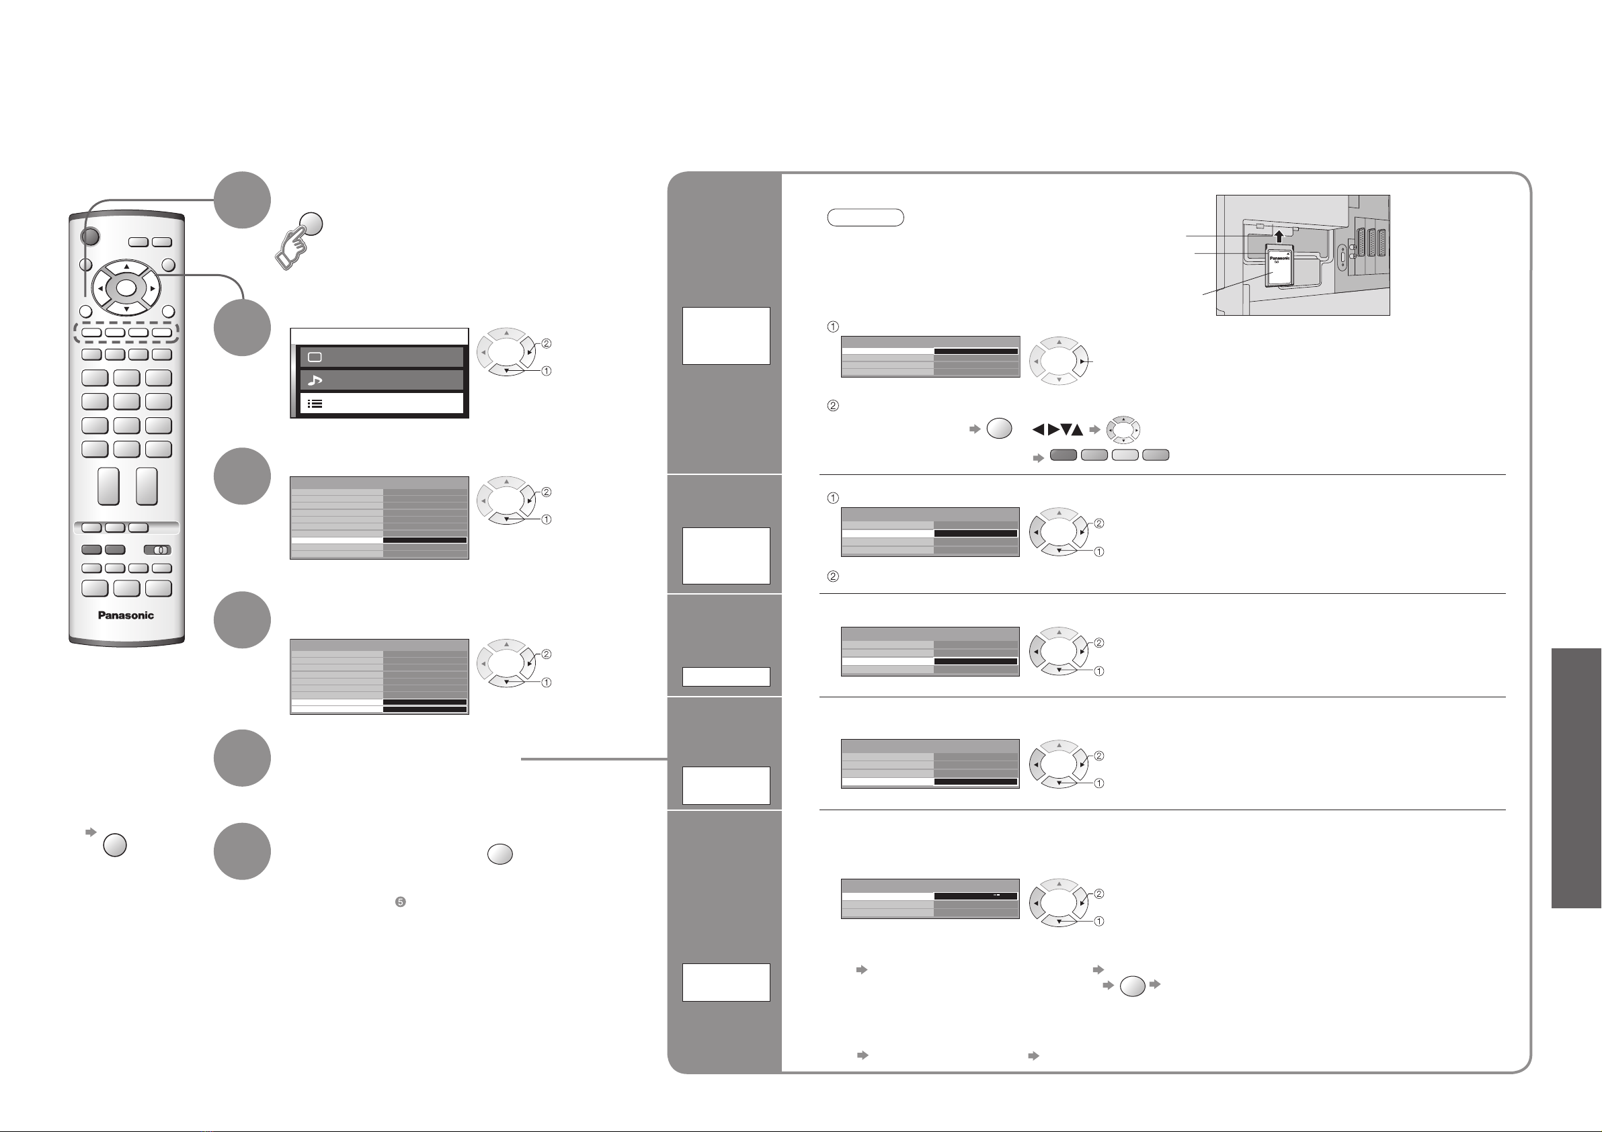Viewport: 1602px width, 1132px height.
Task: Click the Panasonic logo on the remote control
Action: (x=126, y=615)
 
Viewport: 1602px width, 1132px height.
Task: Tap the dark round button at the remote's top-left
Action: (x=90, y=237)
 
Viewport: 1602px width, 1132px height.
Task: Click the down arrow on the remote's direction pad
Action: (x=126, y=308)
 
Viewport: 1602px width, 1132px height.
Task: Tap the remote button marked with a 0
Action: (x=159, y=550)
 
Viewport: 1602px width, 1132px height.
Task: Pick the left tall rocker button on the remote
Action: (x=108, y=486)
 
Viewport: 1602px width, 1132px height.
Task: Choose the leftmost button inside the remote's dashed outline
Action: (x=92, y=333)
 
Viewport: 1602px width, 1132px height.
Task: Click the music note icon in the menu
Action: (x=315, y=380)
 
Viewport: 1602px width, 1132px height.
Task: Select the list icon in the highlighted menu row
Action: (x=315, y=404)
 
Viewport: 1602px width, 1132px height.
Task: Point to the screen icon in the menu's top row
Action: (x=315, y=357)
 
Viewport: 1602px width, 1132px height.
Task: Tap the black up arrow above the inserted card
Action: (x=1279, y=236)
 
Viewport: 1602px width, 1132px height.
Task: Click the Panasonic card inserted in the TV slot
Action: (x=1279, y=268)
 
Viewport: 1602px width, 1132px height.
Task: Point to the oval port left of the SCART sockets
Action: (x=1343, y=257)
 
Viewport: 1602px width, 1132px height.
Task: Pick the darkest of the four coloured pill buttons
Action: (x=1064, y=455)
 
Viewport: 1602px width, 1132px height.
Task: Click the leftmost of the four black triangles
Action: (x=1038, y=431)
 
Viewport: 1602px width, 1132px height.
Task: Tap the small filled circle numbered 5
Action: (x=401, y=902)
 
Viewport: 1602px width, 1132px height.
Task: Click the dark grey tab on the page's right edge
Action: (x=1576, y=778)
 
